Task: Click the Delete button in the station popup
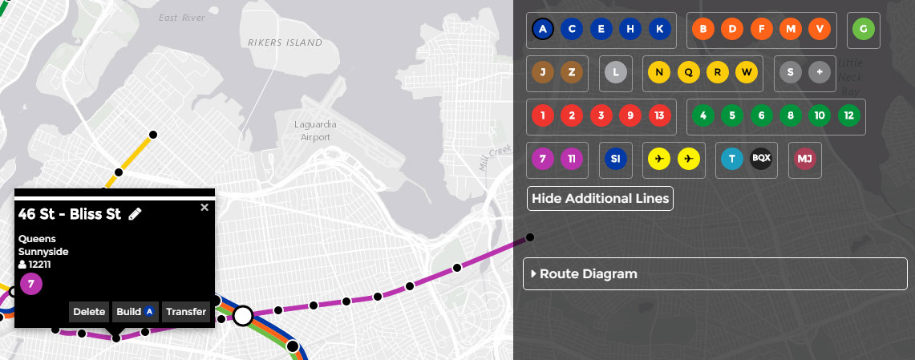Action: (89, 312)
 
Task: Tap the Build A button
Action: (134, 312)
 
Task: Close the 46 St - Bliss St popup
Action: (204, 207)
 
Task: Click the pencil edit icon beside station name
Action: (135, 213)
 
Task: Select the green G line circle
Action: (863, 30)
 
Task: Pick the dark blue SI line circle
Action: (615, 159)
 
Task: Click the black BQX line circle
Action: (760, 159)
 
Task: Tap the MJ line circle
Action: (804, 159)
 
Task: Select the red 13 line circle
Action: (659, 115)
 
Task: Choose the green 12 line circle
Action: (848, 115)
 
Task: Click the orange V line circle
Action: (820, 30)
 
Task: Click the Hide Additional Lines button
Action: (600, 198)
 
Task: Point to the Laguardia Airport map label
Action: (316, 131)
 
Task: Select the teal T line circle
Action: (731, 159)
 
